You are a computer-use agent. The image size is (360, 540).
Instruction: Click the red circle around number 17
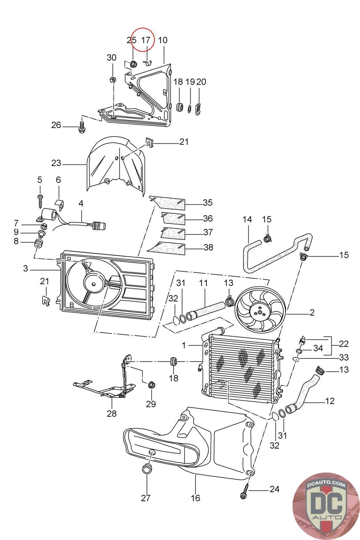(143, 39)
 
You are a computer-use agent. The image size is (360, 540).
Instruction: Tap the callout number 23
(56, 163)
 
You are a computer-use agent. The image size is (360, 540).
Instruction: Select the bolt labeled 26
(82, 127)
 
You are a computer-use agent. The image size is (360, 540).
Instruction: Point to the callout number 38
(209, 247)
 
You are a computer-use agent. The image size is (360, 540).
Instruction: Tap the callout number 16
(195, 498)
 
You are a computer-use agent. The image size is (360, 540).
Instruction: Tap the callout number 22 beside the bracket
(343, 344)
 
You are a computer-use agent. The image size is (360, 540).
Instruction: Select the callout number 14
(247, 219)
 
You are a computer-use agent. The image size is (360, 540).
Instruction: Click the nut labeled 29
(151, 384)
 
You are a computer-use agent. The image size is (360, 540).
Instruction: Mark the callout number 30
(112, 58)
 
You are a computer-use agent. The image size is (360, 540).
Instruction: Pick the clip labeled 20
(198, 109)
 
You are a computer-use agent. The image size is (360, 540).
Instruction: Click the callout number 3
(26, 269)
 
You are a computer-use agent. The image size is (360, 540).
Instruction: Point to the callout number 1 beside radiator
(184, 346)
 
